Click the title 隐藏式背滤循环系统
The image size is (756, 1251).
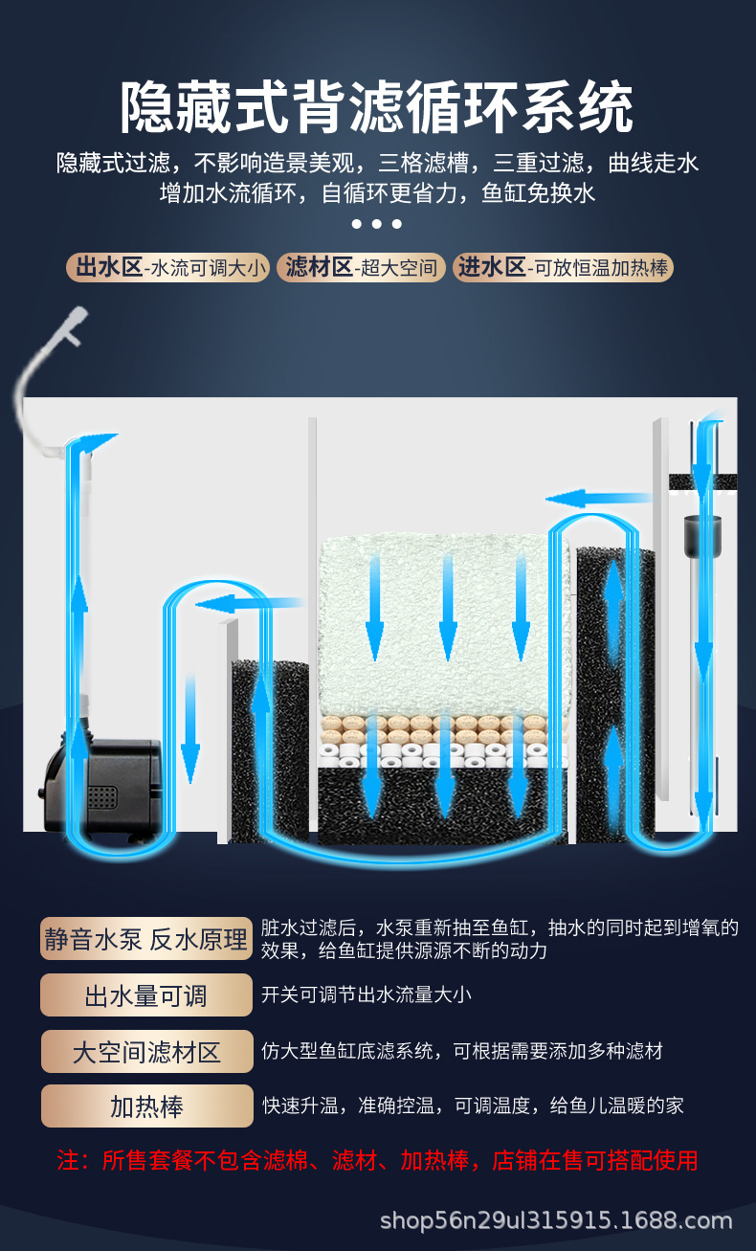(x=377, y=107)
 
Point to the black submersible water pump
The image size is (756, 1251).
(x=99, y=788)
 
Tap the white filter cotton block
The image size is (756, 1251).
(x=445, y=622)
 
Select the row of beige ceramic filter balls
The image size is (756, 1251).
(x=445, y=725)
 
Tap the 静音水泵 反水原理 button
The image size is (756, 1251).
(x=146, y=939)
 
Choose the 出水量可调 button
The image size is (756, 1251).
(x=146, y=995)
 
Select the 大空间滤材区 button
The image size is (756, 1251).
(x=146, y=1052)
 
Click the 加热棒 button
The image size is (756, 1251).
(x=146, y=1106)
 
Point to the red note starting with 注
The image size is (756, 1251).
(x=377, y=1161)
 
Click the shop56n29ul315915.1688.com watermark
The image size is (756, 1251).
(x=555, y=1220)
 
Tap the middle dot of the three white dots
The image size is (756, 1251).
(x=377, y=224)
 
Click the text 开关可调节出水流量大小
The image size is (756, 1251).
(x=367, y=994)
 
